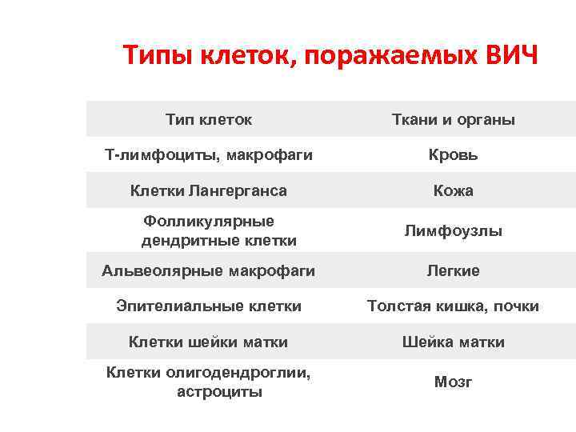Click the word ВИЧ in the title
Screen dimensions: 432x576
tap(513, 58)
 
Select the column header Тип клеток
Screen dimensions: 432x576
tap(209, 120)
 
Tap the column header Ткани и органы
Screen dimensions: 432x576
tap(453, 120)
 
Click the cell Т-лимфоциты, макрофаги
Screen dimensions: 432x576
tap(209, 154)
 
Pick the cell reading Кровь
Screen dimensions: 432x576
tap(453, 154)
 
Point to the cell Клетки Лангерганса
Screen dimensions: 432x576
tap(209, 190)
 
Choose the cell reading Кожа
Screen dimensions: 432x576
tap(453, 190)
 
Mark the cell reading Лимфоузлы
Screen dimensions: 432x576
tap(453, 231)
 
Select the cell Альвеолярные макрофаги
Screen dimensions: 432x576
tap(209, 270)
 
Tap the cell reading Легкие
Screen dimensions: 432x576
tap(453, 270)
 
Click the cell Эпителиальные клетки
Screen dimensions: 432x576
tap(209, 306)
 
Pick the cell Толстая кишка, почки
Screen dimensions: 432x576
tap(453, 306)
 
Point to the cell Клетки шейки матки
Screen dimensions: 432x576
tap(209, 342)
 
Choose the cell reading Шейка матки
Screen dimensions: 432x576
tap(453, 342)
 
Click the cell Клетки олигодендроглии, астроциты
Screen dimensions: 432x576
tap(209, 382)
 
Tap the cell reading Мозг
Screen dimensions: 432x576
tap(453, 382)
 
